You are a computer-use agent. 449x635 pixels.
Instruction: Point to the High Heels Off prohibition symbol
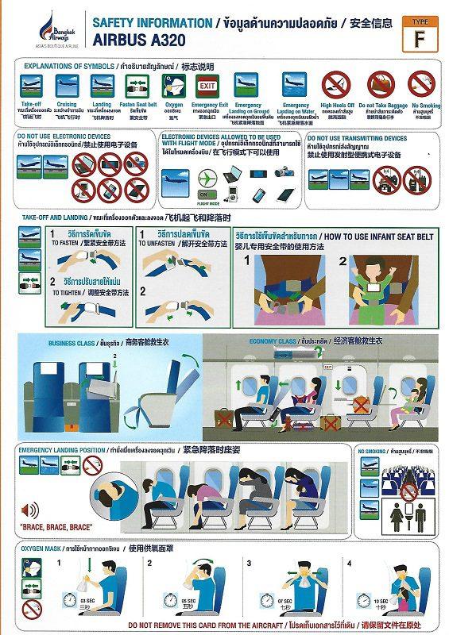coord(335,84)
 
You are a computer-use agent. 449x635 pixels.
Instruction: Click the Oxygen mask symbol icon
coord(172,85)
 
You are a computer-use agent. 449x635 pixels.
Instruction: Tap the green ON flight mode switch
coord(204,194)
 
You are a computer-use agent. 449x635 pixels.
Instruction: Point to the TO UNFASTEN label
coord(158,245)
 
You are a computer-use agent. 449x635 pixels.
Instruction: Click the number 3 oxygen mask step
coord(249,563)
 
